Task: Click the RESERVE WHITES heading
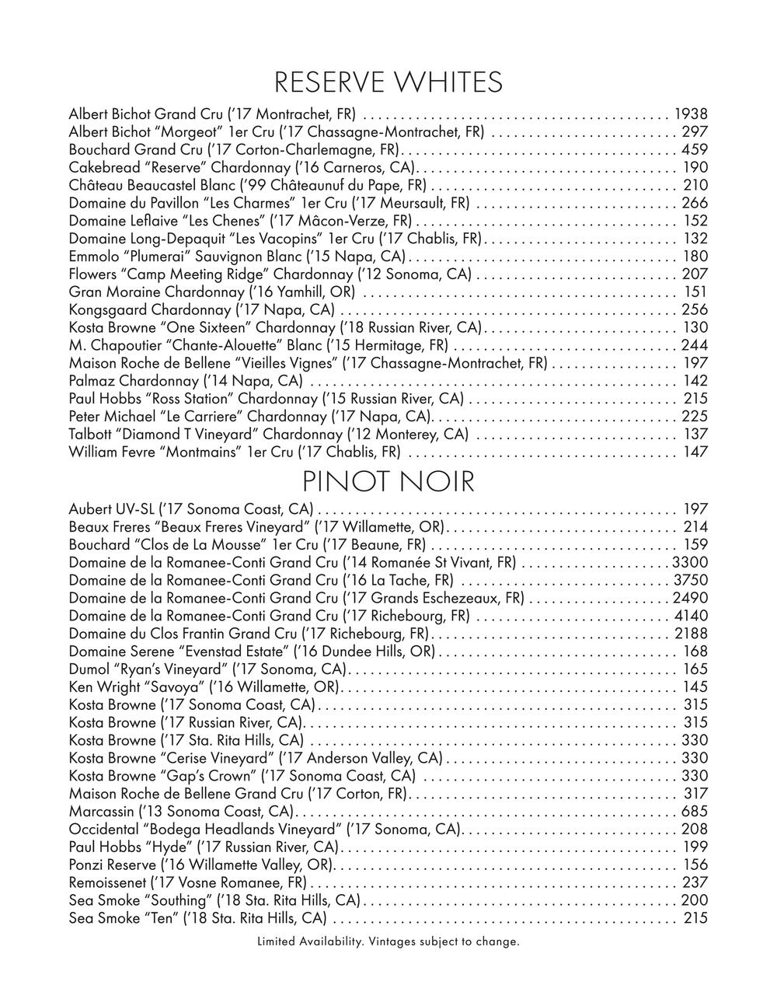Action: click(388, 82)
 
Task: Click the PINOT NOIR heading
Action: click(388, 482)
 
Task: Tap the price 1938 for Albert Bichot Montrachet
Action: click(691, 114)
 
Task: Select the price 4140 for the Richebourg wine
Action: click(691, 616)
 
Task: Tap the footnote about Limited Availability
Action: click(388, 941)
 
